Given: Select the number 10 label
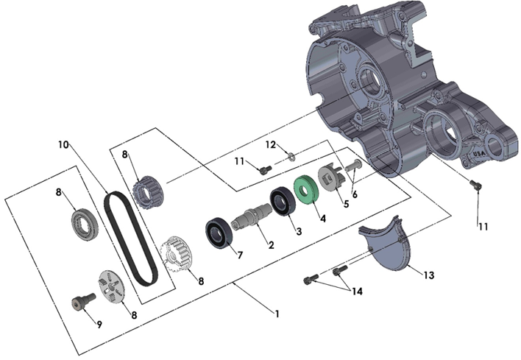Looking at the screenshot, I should pos(63,144).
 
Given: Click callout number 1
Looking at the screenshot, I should pos(277,314).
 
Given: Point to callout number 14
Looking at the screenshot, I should pos(358,291).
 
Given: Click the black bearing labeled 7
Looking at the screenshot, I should pos(219,230).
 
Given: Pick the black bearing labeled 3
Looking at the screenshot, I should pos(283,201).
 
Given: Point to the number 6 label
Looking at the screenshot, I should pos(354,194).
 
